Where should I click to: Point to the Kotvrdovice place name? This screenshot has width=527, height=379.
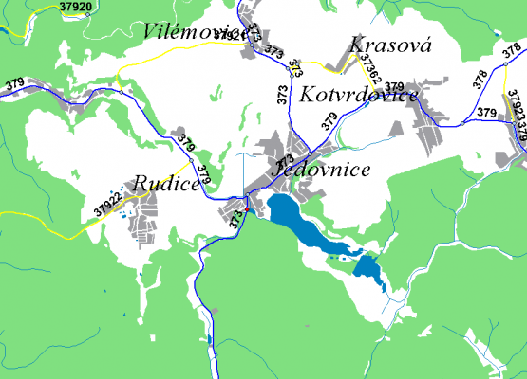click(359, 96)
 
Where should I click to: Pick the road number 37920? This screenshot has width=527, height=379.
click(75, 7)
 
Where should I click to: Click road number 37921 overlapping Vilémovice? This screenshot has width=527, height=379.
click(231, 35)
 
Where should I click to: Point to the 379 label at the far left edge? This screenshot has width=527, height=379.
click(13, 82)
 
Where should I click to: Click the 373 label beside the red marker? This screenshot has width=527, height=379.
click(236, 216)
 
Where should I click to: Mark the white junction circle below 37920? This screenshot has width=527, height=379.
click(87, 15)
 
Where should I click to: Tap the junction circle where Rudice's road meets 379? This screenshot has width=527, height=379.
click(194, 162)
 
